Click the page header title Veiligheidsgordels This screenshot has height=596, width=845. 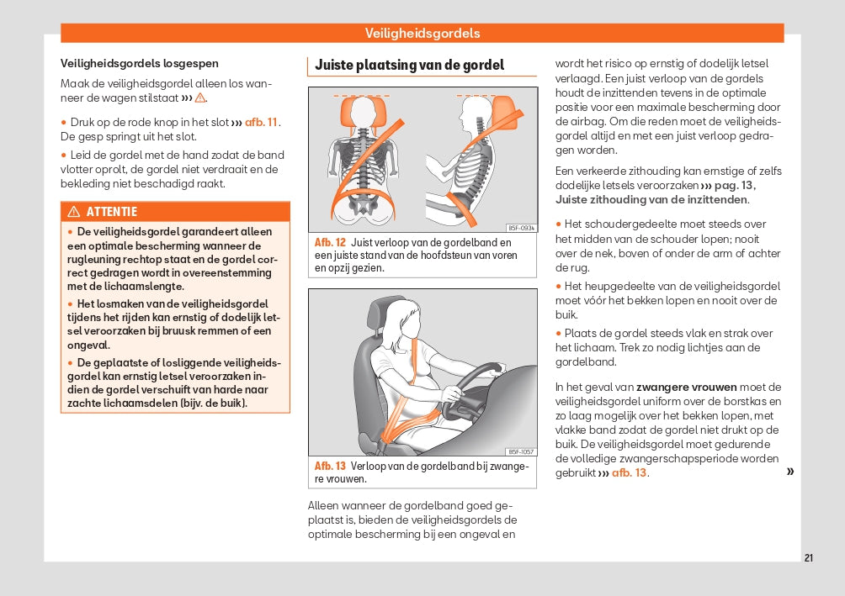422,34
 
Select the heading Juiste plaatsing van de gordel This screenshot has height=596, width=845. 409,65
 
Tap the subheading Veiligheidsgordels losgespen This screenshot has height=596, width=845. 140,63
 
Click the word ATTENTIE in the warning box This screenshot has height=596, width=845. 111,212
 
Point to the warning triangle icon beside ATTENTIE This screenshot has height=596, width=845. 74,212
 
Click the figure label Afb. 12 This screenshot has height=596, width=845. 330,242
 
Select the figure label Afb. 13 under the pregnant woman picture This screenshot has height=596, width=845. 330,466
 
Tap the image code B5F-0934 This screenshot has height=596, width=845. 521,228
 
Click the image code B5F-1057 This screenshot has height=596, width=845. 521,451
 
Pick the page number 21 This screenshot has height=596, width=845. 809,558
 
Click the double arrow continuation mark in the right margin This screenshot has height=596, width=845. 789,472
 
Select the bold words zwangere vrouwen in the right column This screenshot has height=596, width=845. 686,387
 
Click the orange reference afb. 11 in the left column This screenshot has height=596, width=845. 261,122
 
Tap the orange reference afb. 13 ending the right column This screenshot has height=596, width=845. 629,472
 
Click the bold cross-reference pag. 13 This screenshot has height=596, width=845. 734,185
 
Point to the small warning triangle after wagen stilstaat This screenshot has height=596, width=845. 200,98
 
